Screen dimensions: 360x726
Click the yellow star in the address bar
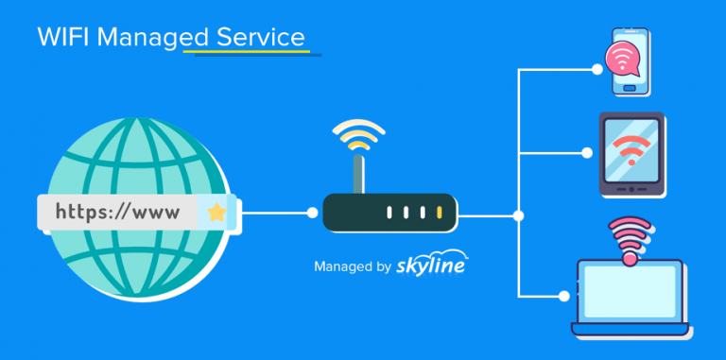tap(216, 213)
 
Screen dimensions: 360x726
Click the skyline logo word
tap(432, 266)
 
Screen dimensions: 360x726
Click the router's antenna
tap(356, 173)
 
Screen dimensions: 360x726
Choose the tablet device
tap(632, 155)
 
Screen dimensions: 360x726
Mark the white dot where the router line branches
tap(518, 215)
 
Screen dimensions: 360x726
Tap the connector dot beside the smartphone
tap(596, 69)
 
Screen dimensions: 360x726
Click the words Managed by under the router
tap(352, 267)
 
